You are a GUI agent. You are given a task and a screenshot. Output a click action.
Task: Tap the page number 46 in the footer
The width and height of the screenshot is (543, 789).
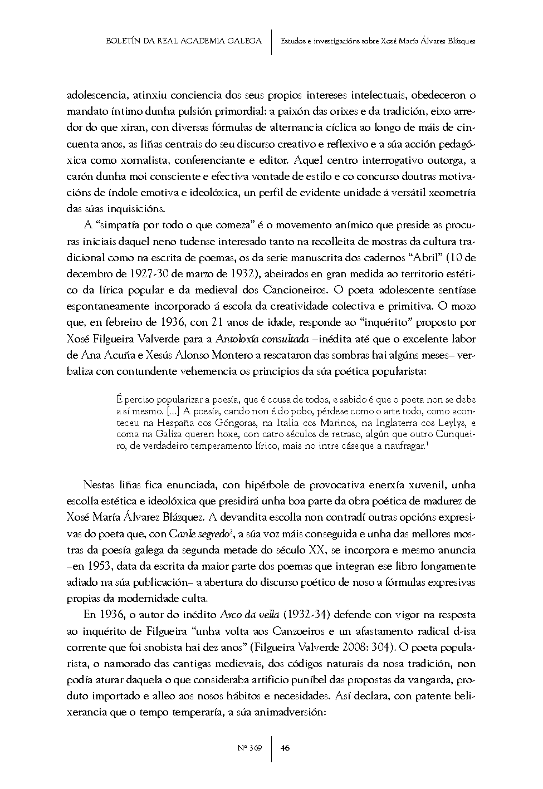[285, 747]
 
